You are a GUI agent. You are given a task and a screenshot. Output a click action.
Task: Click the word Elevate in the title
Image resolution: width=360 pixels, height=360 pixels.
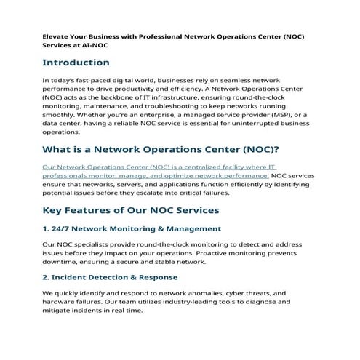[55, 34]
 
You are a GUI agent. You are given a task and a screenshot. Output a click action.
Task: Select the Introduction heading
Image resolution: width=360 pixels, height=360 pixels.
[76, 63]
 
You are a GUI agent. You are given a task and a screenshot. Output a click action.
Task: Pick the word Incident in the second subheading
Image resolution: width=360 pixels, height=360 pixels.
[75, 277]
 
